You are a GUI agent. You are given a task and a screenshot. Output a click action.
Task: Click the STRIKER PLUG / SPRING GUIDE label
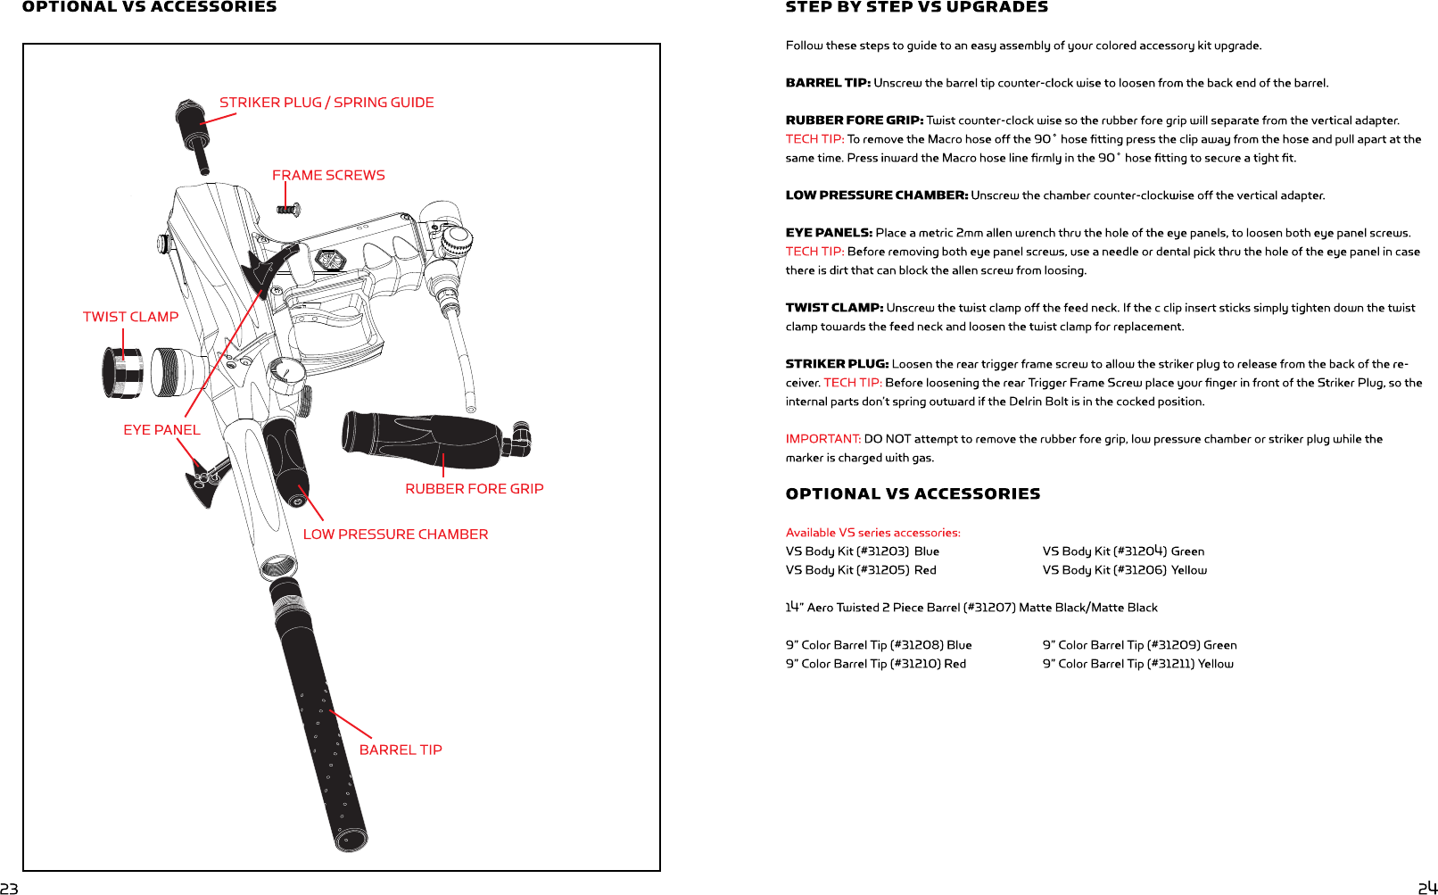click(326, 103)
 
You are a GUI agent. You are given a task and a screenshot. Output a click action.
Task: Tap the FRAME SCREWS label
click(328, 176)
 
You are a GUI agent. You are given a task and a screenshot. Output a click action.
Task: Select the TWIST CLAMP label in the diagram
click(130, 317)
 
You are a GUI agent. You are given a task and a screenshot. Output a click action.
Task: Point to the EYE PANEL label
click(161, 430)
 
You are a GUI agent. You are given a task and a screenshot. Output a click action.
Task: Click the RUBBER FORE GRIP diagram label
click(474, 489)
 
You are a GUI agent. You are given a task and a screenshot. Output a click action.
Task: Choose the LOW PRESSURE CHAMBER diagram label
click(395, 535)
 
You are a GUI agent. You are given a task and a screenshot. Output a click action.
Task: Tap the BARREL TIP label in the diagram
click(401, 750)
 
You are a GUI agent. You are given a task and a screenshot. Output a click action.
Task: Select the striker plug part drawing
click(194, 134)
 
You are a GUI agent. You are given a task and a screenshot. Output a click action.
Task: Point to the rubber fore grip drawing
click(428, 439)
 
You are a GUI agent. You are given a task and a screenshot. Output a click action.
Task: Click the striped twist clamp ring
click(123, 371)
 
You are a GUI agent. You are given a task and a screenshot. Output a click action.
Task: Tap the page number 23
click(9, 888)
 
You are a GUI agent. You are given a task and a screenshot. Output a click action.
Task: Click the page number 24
click(1427, 888)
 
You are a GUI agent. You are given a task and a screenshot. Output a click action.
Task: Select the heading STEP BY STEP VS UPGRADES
click(916, 7)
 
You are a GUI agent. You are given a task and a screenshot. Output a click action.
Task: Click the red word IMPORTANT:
click(822, 439)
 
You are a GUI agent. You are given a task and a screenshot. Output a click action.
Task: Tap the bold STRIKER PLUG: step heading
click(837, 364)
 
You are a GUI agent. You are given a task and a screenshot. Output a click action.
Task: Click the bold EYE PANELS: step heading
click(829, 233)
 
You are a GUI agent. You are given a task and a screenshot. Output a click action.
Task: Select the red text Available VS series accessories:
click(872, 533)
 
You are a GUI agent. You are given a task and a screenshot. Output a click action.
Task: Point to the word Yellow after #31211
click(1215, 664)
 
